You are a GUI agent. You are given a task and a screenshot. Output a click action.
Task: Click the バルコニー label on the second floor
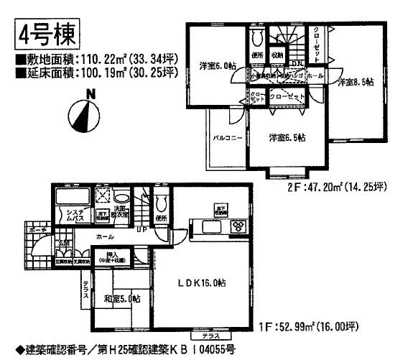click(229, 136)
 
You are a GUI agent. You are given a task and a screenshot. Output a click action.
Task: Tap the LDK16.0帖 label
click(203, 284)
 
